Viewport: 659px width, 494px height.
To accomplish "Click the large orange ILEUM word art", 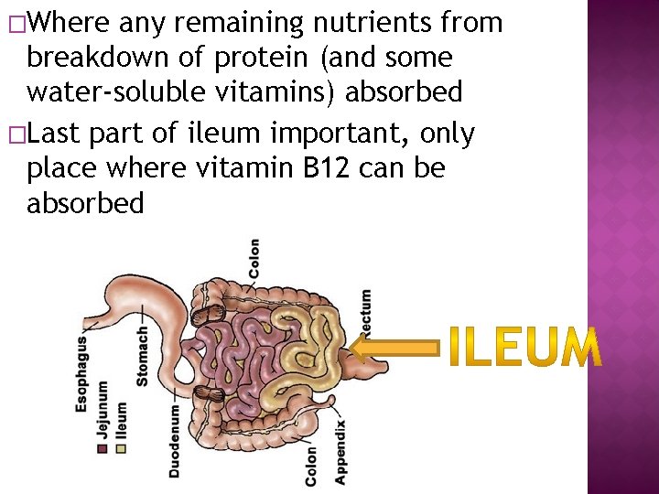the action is coord(525,348).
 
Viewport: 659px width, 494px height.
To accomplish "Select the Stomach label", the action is coord(144,355).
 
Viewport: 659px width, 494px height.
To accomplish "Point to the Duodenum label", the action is coord(174,441).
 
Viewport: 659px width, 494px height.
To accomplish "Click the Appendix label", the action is coord(340,452).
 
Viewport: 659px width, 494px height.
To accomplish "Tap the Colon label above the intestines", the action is coord(254,259).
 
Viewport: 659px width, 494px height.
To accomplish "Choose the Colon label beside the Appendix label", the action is coord(311,465).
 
